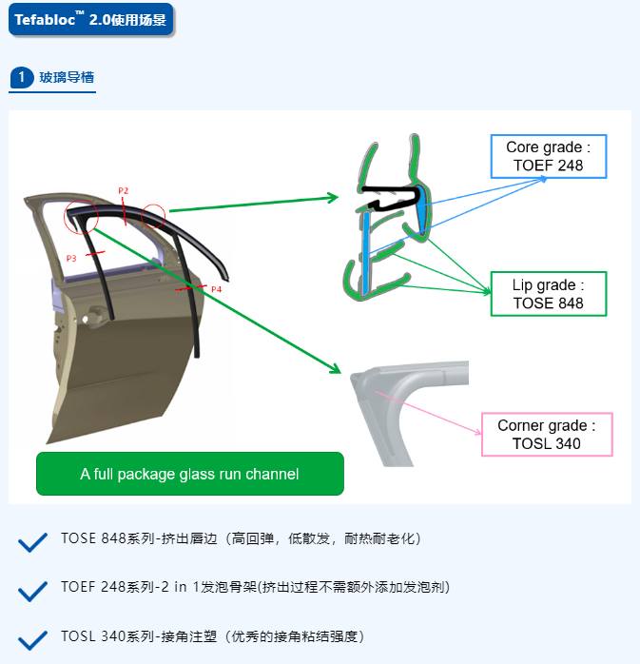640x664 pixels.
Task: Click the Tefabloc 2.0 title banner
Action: [90, 19]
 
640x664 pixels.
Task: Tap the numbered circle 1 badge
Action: [21, 77]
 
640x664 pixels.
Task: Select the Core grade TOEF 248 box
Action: [549, 156]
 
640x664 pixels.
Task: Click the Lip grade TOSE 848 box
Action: [549, 294]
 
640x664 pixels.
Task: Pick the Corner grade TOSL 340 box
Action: [547, 435]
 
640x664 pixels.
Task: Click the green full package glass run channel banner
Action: [190, 474]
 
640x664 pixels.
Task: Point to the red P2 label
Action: [124, 190]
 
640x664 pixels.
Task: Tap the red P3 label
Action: [71, 259]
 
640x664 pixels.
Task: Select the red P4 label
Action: [216, 289]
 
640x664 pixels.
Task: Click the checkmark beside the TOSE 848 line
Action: [32, 542]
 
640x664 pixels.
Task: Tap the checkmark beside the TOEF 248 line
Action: [32, 591]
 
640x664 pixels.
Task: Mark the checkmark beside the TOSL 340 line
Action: [32, 640]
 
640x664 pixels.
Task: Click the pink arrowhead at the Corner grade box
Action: [478, 432]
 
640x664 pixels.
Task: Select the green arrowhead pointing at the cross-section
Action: [333, 197]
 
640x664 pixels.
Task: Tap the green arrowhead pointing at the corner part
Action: [336, 368]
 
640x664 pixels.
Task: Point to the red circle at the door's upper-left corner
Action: [81, 217]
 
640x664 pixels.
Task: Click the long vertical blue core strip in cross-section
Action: [366, 253]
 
